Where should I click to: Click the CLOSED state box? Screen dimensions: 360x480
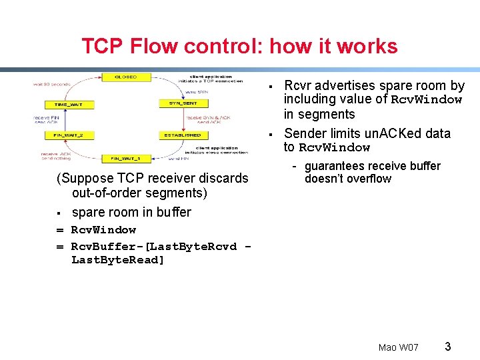click(126, 77)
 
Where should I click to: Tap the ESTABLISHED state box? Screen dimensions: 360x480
click(181, 135)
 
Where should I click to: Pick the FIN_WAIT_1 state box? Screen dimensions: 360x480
click(125, 159)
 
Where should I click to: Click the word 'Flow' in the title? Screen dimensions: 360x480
click(157, 47)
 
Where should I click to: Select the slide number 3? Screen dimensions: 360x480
click(448, 347)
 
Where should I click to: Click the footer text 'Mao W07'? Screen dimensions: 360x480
click(398, 347)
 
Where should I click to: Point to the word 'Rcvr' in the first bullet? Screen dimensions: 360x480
click(297, 85)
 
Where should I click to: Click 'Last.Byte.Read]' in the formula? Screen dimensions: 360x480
click(117, 260)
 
